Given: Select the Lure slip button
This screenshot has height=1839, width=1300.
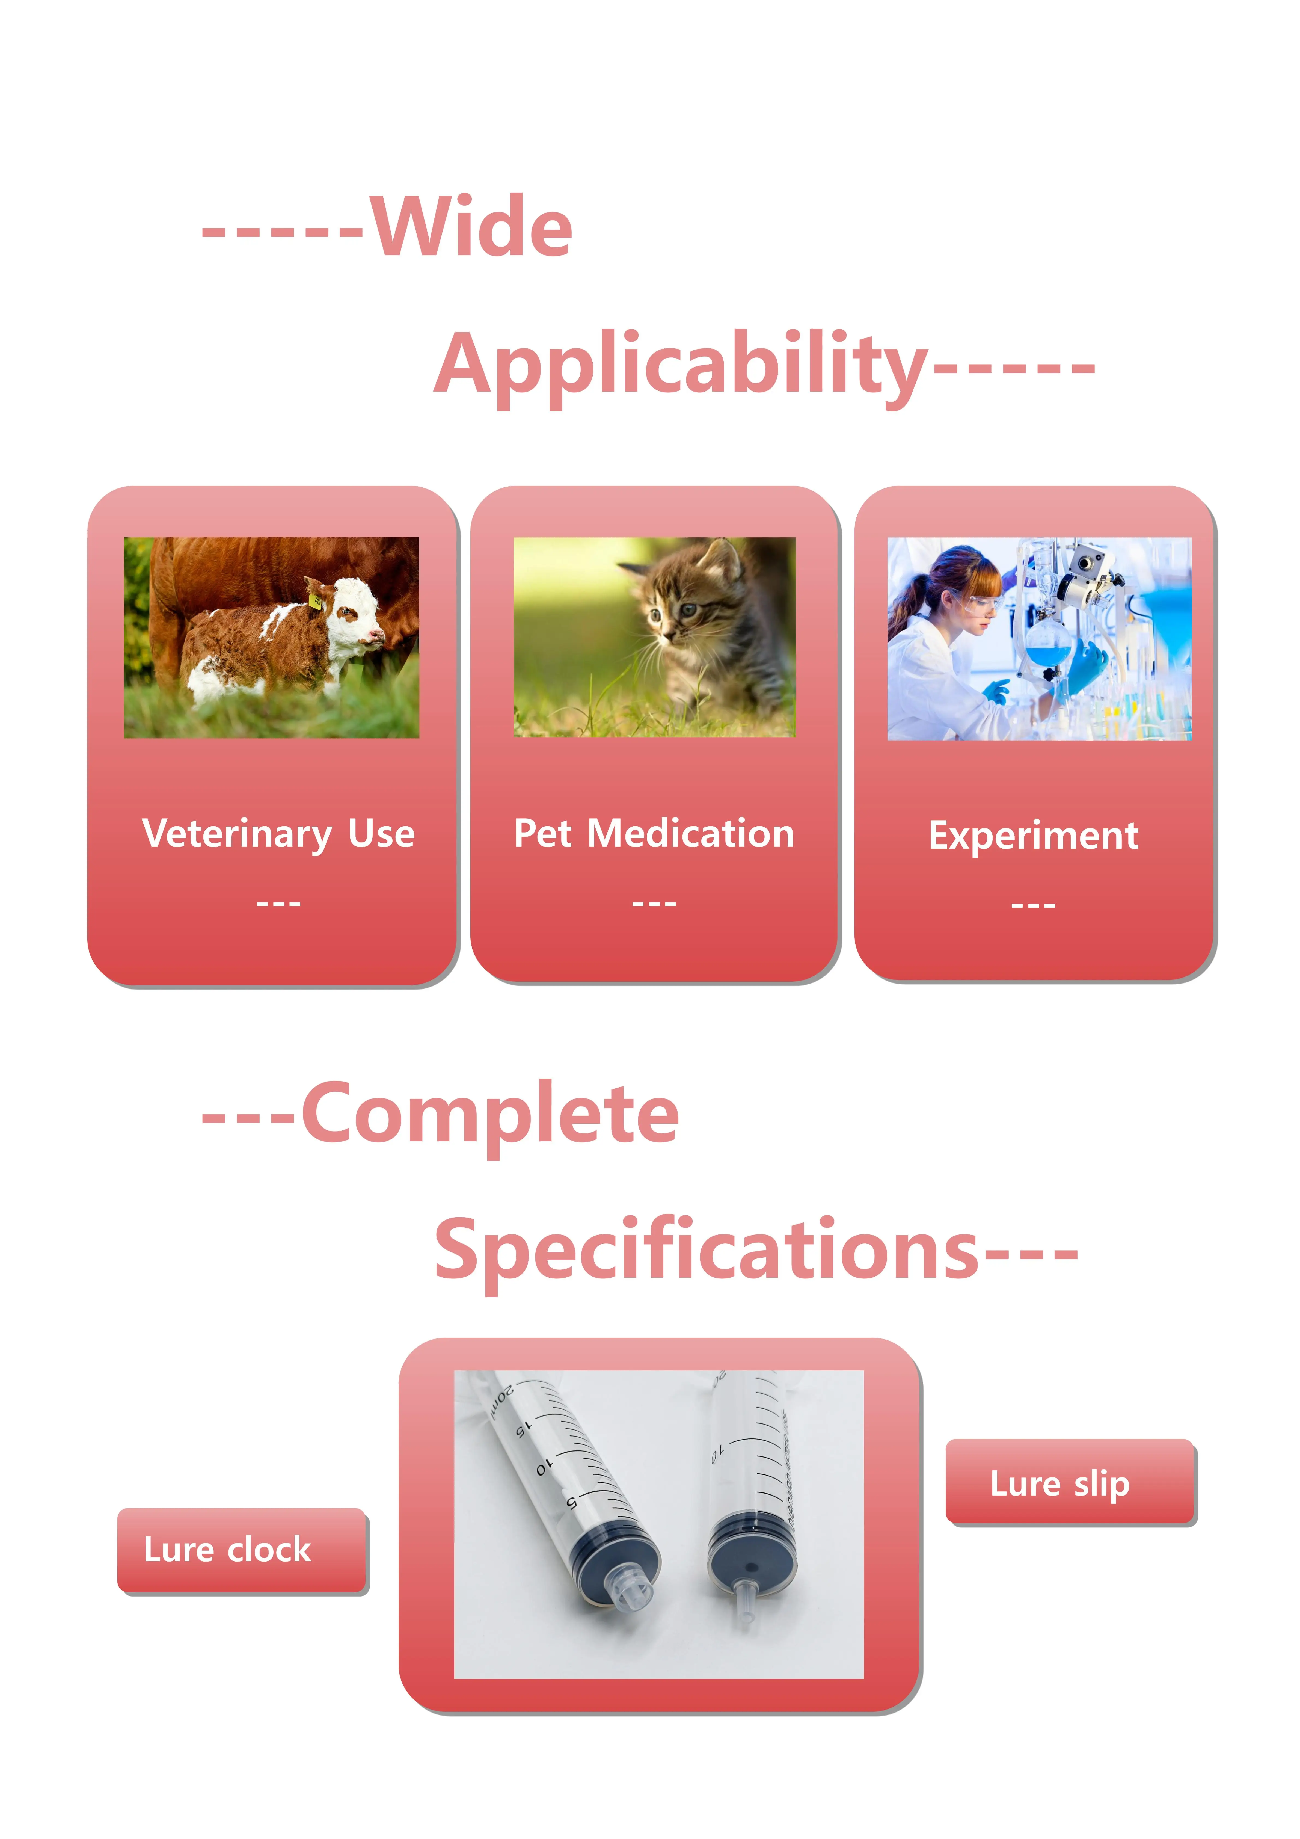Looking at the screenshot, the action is [1071, 1482].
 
